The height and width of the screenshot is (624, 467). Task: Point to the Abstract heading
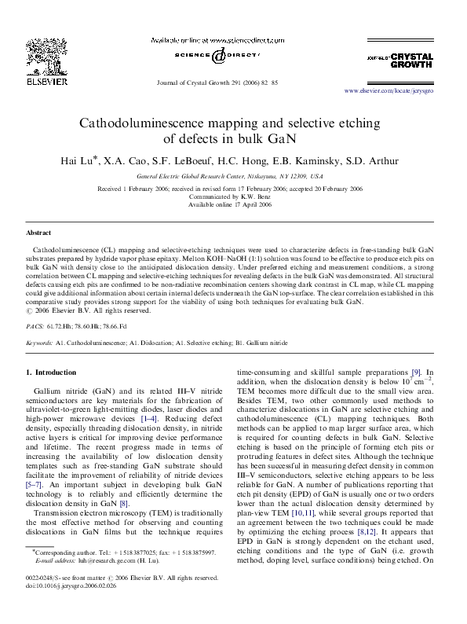point(38,234)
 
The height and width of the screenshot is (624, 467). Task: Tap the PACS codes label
point(35,325)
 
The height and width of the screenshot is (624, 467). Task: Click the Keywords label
point(39,343)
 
